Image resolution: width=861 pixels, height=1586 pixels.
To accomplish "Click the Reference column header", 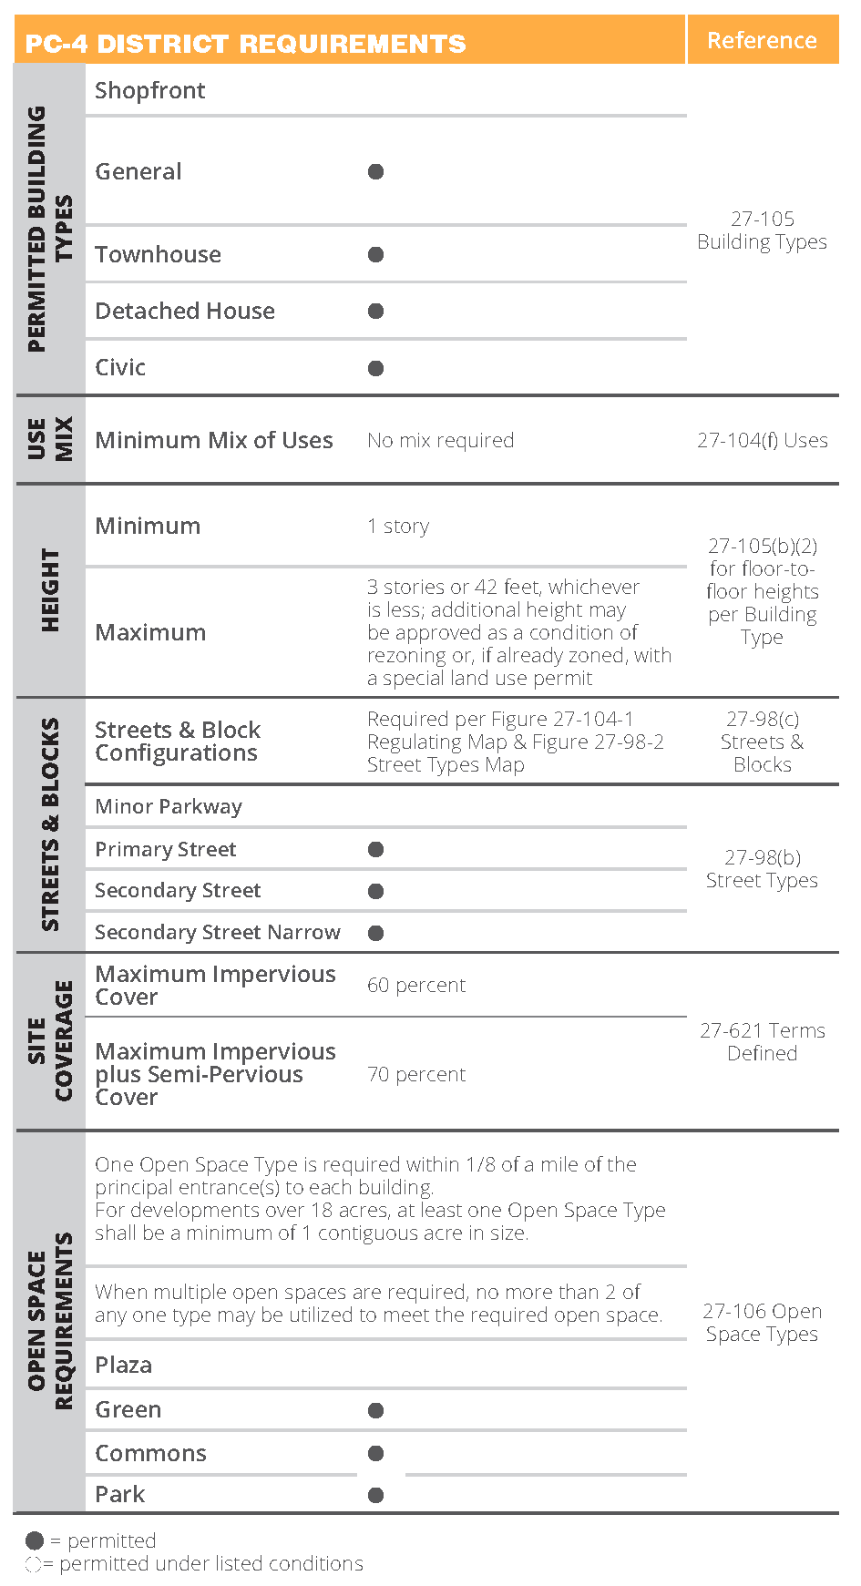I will tap(762, 41).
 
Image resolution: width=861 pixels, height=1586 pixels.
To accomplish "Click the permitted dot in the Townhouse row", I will tap(375, 254).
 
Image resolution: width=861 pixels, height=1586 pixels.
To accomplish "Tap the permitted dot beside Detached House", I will tap(375, 311).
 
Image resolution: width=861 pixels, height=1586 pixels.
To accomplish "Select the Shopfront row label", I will tap(150, 90).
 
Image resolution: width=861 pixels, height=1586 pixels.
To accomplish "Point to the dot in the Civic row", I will tap(375, 368).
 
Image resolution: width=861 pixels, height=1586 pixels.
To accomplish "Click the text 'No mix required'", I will tap(440, 441).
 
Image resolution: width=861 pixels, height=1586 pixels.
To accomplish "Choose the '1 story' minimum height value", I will tap(398, 527).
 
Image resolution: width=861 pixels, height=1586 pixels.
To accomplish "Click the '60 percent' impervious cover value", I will tap(416, 985).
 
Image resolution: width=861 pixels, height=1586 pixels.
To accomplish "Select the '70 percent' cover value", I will tap(416, 1075).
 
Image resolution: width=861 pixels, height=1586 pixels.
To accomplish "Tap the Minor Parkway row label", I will tap(169, 806).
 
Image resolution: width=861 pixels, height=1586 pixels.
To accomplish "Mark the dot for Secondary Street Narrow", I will tap(375, 933).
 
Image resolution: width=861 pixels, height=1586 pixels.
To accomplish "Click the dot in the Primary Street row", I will tap(375, 849).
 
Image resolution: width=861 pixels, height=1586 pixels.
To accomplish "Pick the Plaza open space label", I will tap(124, 1365).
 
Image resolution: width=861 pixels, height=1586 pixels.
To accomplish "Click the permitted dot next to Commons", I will tap(375, 1453).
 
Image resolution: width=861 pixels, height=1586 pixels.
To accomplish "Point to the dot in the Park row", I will tap(375, 1495).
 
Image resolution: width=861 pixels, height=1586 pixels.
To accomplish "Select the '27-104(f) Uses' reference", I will tap(763, 441).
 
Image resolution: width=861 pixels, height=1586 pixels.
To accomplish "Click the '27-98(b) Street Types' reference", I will tap(763, 869).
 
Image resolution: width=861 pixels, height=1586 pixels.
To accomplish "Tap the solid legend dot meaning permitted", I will tap(35, 1540).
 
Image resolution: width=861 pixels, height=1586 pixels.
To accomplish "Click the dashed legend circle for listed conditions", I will tap(34, 1564).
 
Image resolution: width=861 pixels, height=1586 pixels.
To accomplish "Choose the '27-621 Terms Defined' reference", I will tap(763, 1042).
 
